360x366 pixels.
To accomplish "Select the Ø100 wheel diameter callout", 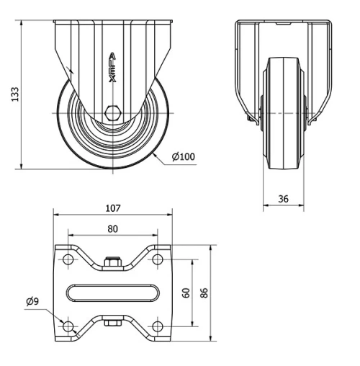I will click(x=183, y=156).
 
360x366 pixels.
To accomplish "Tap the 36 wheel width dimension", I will click(x=283, y=197).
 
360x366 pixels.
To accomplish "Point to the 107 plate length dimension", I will click(x=112, y=208).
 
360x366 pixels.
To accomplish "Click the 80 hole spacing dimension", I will click(x=112, y=228).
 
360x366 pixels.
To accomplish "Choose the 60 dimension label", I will click(x=185, y=293).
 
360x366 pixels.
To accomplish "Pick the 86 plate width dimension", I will click(x=204, y=293).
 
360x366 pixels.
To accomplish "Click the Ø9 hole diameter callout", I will click(x=32, y=301).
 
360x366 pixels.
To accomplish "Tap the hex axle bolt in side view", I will click(x=112, y=112).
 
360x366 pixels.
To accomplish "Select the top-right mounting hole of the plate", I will click(x=157, y=259).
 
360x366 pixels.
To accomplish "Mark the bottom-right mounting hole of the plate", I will click(x=157, y=326).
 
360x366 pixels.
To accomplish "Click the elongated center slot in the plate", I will click(x=112, y=293).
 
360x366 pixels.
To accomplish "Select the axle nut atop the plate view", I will click(x=112, y=262).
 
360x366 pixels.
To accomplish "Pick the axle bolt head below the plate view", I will click(x=112, y=323).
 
